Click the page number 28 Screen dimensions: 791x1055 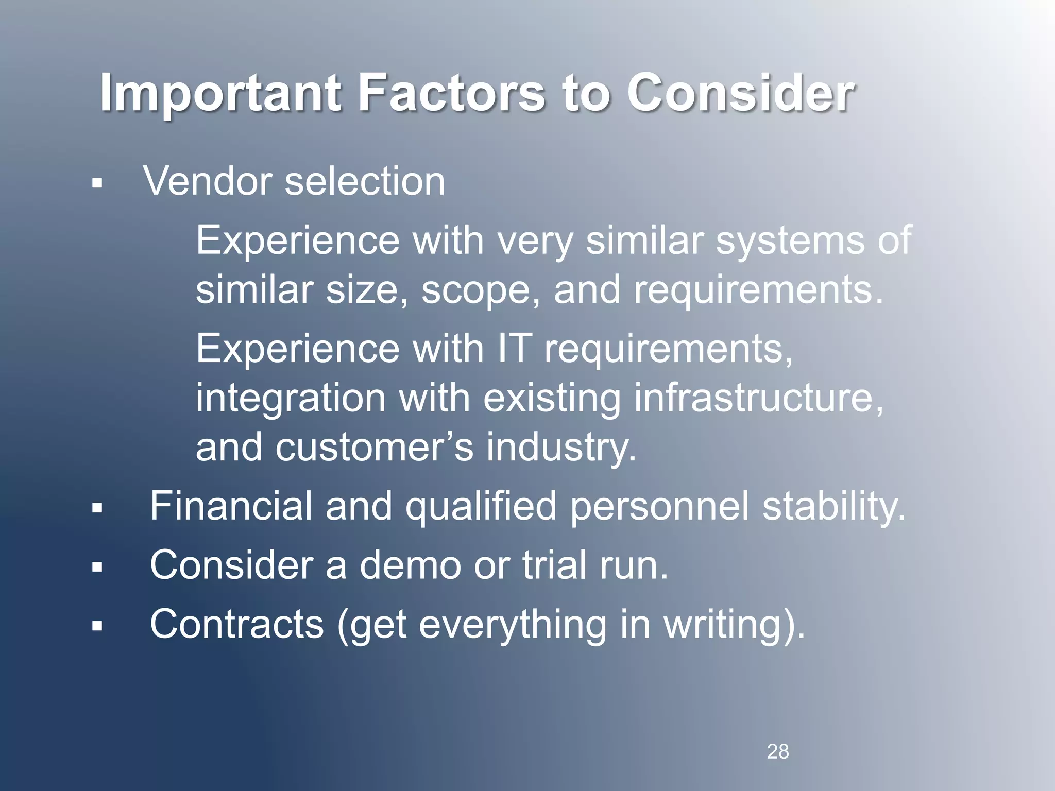click(777, 752)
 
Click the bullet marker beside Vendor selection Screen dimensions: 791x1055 click(97, 183)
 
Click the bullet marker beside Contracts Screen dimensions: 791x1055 click(97, 626)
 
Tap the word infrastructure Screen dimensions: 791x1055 click(757, 398)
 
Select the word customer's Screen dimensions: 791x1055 click(374, 447)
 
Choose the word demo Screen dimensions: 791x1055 click(410, 565)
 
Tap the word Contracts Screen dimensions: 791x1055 click(236, 624)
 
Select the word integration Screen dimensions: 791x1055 click(290, 398)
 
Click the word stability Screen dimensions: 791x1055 click(833, 506)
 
